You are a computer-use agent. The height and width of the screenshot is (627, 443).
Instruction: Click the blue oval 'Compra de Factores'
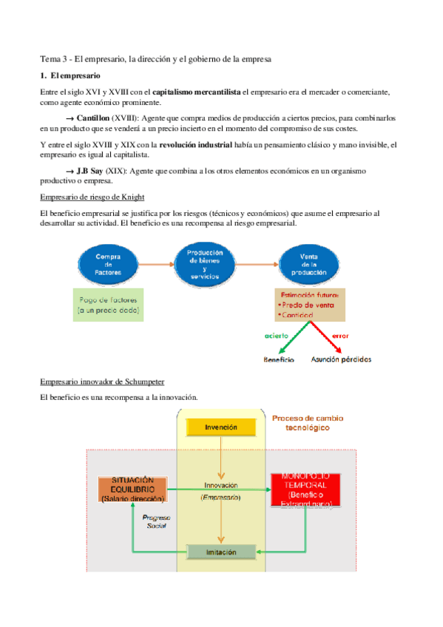(x=107, y=264)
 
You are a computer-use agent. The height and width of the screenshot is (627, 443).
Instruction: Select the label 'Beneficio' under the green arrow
(x=279, y=360)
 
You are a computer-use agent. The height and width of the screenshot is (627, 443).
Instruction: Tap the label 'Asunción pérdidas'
(x=342, y=360)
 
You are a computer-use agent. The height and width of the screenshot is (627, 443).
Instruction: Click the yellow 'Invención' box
(x=221, y=427)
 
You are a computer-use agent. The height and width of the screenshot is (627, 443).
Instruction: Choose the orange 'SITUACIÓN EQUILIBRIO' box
(x=133, y=490)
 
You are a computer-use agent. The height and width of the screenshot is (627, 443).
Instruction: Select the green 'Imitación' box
(x=221, y=552)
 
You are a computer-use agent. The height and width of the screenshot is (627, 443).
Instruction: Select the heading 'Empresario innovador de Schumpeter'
(x=102, y=381)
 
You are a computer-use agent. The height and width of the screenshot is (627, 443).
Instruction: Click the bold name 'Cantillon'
(x=92, y=118)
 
